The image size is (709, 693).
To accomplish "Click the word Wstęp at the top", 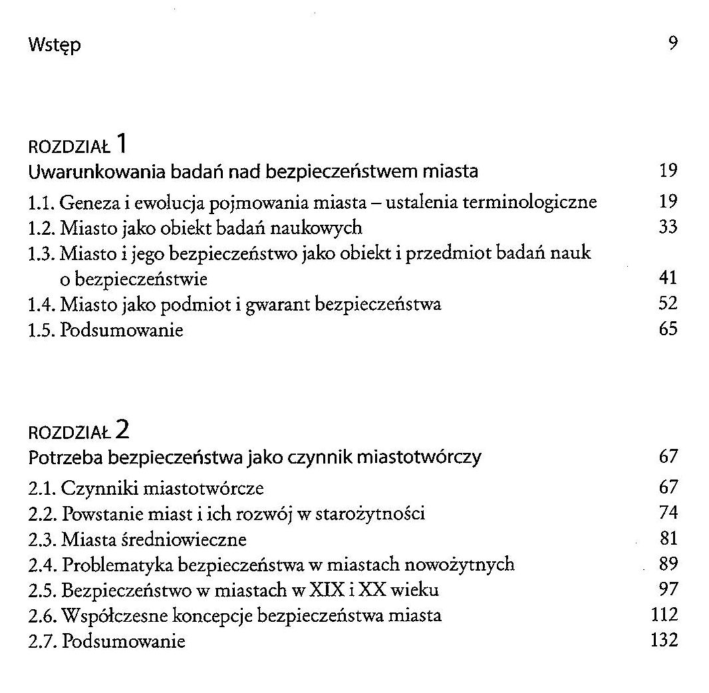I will pos(55,47).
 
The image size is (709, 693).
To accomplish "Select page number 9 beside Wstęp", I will pos(672,45).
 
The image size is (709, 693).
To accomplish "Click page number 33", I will pos(668,227).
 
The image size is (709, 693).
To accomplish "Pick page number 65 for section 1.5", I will pos(668,329).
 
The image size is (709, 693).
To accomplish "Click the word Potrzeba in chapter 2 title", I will pos(65,458).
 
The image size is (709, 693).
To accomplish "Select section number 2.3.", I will pos(42,539).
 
